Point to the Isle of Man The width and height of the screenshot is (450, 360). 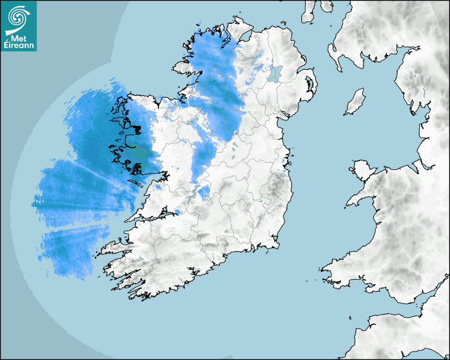355,102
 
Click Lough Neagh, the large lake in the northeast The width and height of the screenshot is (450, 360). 275,73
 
